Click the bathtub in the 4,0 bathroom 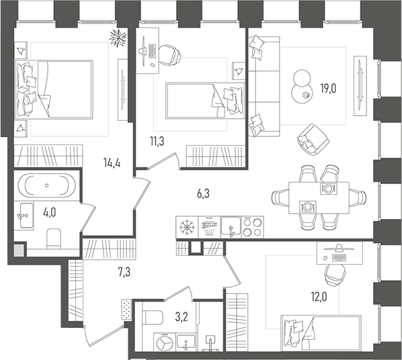(44, 184)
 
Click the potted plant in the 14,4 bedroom (116, 38)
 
